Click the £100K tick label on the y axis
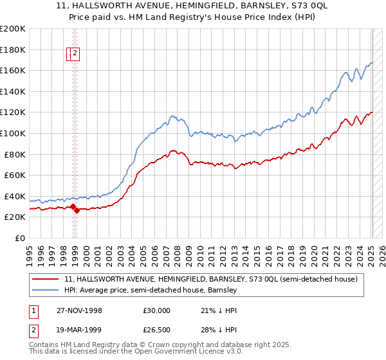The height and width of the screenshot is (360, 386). click(x=13, y=133)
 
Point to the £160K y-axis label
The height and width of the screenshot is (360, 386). click(x=13, y=70)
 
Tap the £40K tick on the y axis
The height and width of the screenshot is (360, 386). click(x=15, y=196)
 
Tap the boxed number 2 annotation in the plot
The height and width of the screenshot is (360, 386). click(x=75, y=54)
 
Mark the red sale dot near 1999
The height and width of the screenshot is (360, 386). click(x=77, y=210)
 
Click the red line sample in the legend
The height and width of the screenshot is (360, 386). click(x=46, y=279)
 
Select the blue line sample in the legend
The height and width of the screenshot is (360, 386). click(x=46, y=290)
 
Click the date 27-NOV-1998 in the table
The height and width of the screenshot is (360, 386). click(x=79, y=310)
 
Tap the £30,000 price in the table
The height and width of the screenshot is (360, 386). click(x=157, y=310)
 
